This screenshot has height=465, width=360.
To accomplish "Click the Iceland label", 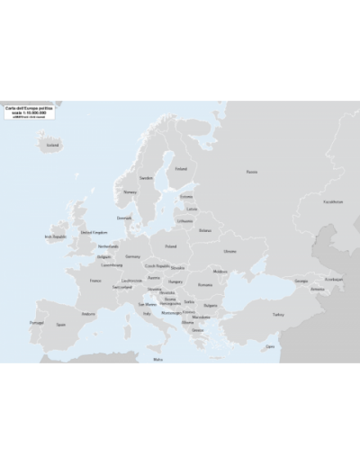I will pos(52,144).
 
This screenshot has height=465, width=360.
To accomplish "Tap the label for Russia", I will pos(252,172).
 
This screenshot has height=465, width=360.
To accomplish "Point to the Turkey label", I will pos(278,315).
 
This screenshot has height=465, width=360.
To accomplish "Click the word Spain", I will pos(61,324).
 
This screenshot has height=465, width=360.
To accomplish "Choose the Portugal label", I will pos(37,322).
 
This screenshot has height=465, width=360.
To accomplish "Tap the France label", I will pos(95,281).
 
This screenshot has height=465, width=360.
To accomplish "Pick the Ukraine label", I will pos(229,251).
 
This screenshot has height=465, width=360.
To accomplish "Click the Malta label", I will pos(158,359).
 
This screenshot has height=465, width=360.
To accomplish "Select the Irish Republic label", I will pos(55,237).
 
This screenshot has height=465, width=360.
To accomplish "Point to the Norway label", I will pos(130,191).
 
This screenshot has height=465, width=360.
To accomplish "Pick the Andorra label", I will pos(88,314).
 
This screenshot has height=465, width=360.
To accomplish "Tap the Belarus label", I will pos(204,230).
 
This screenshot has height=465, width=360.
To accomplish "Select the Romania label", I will pos(206,284).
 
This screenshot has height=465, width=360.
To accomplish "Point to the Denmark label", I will pos(124,218).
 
